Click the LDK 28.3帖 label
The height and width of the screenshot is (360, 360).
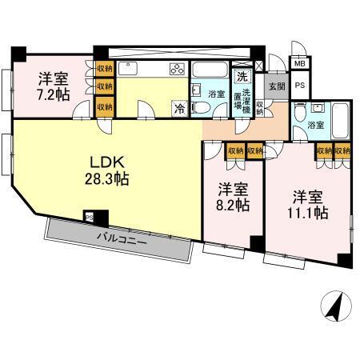108,169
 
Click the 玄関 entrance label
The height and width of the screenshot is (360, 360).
276,86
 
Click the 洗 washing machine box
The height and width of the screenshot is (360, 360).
242,78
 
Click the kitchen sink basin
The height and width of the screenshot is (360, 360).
134,68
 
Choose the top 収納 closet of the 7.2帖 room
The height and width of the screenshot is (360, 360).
104,70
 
